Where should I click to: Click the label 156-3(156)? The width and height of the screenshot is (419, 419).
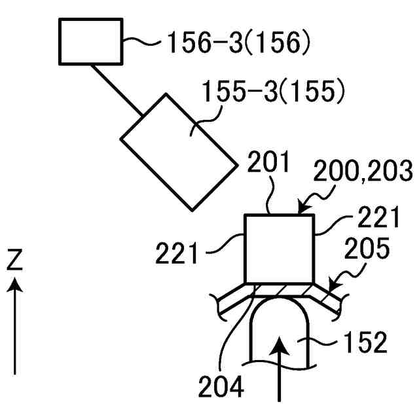[236, 43]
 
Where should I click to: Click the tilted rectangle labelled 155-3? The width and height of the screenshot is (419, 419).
[178, 152]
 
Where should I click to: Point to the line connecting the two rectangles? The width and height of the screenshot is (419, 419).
[118, 92]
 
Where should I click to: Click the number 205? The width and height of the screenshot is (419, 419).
[369, 249]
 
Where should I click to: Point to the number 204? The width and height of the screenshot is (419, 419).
[221, 386]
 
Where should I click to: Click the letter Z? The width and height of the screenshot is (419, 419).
[14, 261]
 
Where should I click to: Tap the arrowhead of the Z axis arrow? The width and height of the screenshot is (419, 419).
[15, 285]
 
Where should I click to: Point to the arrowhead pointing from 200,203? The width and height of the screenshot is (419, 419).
[302, 210]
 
